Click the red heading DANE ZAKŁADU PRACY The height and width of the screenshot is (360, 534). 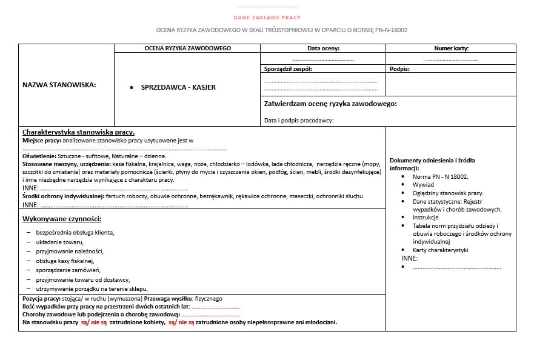pos(267,18)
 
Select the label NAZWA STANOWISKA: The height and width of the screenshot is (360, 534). pos(59,85)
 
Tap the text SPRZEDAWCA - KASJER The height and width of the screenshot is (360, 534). pos(178,87)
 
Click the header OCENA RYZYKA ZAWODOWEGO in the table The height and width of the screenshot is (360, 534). pos(187,48)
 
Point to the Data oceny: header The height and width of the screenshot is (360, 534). pos(323,48)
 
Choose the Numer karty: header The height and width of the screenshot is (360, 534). pos(451,48)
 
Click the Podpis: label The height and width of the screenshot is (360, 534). pos(399,68)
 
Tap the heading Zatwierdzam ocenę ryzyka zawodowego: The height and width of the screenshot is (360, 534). pos(330,104)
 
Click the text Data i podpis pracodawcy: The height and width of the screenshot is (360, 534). pos(299,120)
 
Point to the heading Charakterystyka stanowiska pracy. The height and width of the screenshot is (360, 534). pos(78,132)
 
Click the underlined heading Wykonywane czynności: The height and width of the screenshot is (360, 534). pos(61,218)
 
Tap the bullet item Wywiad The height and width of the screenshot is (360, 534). pos(423,184)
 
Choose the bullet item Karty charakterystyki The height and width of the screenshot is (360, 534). pos(440,250)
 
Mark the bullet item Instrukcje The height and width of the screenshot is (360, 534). pos(426,217)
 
